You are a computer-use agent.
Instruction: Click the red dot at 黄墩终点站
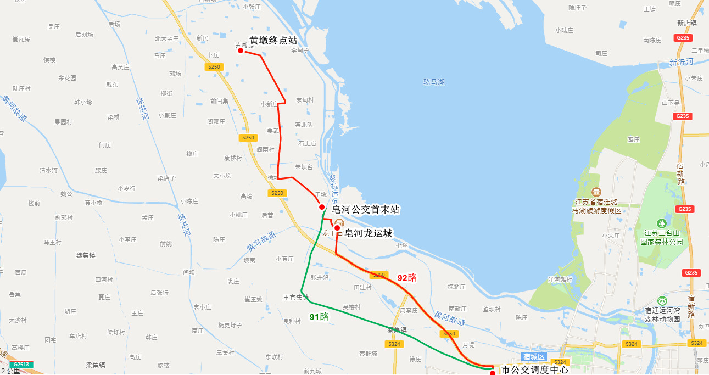pos(241,51)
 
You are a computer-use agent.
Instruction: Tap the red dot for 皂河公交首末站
pos(322,207)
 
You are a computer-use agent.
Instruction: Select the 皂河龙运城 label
pos(368,233)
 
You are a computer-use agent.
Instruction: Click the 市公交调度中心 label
pos(534,370)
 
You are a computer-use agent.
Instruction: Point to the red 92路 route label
pos(407,278)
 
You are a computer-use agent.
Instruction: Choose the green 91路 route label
pos(319,317)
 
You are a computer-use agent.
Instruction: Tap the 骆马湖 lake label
pos(434,82)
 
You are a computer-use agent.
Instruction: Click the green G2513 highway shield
pos(21,365)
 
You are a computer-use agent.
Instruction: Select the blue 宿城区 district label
pos(533,357)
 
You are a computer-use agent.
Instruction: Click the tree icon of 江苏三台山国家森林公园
pos(662,223)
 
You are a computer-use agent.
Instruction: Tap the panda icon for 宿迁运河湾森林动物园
pos(662,301)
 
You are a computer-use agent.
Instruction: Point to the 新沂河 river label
pos(681,63)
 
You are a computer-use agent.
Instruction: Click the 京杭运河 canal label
pos(333,189)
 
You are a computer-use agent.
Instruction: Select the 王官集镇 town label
pos(296,298)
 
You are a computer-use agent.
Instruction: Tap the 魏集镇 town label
pos(86,255)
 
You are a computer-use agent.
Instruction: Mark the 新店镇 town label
pos(686,23)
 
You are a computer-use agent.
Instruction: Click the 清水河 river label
pos(48,170)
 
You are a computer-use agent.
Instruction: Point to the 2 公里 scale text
pos(10,371)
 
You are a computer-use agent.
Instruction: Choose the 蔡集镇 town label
pos(397,330)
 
